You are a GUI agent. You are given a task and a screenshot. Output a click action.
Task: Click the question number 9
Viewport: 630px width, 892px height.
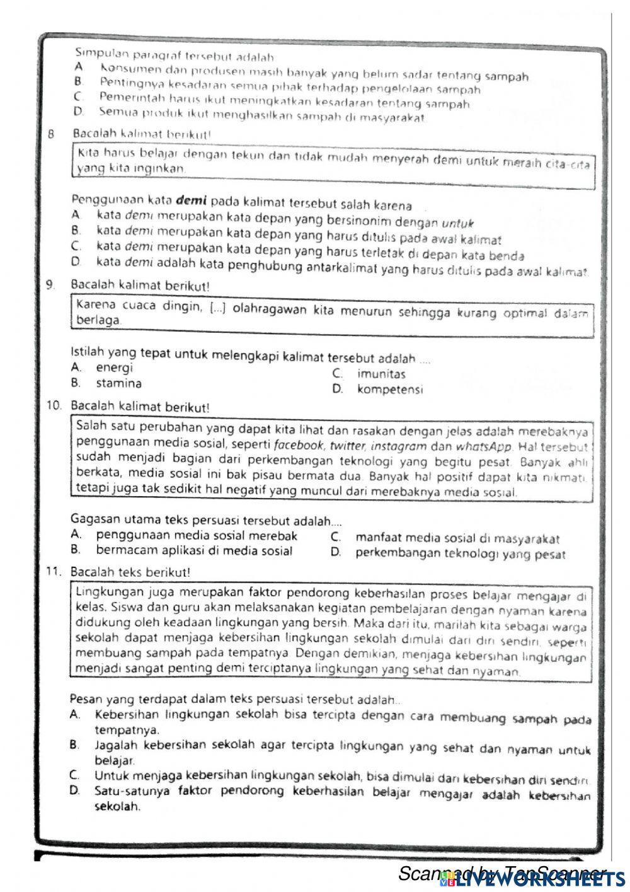tap(50, 286)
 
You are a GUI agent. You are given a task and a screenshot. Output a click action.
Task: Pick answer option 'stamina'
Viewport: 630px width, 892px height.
tap(118, 383)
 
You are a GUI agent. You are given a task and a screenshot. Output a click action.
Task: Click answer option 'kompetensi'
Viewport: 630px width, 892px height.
tap(389, 390)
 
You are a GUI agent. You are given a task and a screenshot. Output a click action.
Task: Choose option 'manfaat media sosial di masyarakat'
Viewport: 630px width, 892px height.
tap(457, 538)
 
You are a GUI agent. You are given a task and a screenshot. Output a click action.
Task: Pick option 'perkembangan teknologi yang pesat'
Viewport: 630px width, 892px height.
tap(460, 554)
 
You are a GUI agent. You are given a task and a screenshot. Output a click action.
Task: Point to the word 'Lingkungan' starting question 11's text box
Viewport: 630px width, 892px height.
tap(101, 593)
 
